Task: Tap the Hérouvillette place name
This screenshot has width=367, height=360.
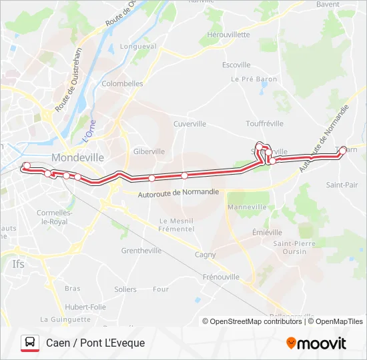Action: (x=228, y=35)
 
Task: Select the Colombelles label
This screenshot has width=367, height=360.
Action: (x=122, y=84)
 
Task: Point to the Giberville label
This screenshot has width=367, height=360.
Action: (x=149, y=151)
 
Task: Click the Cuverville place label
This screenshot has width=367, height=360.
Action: (x=190, y=124)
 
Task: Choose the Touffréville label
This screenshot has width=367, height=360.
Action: (x=265, y=123)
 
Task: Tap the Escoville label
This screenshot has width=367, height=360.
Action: (x=236, y=65)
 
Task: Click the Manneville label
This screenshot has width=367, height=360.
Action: (x=247, y=207)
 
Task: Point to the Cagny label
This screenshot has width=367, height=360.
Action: (x=205, y=255)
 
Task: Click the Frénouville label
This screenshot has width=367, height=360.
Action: (x=221, y=276)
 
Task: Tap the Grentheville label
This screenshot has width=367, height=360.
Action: (x=141, y=251)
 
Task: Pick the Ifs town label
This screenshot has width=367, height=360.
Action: (x=18, y=264)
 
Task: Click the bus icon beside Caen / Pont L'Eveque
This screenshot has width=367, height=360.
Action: (x=30, y=343)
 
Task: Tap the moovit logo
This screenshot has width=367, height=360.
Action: (x=316, y=343)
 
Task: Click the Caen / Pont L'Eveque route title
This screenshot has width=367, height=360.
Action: (x=95, y=343)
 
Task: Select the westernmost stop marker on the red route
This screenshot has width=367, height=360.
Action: (x=27, y=166)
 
